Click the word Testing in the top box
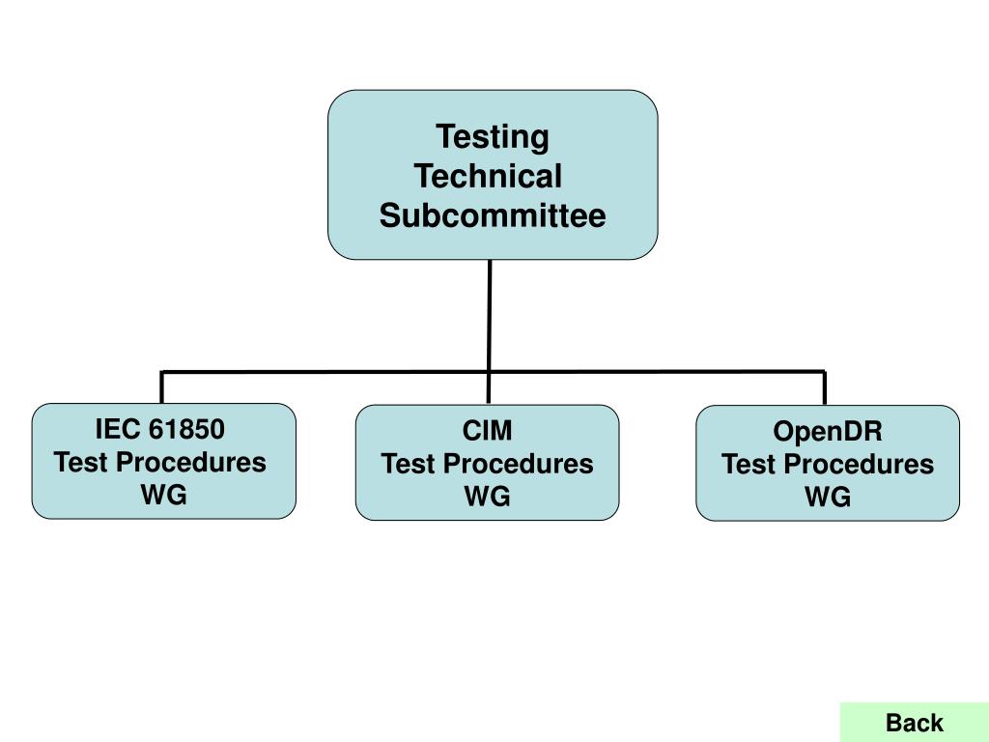click(492, 137)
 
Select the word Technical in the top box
click(488, 177)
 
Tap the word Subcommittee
click(492, 215)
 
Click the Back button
click(914, 722)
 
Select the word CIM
click(487, 431)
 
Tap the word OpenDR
click(828, 431)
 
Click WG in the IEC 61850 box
click(163, 495)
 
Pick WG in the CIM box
click(487, 497)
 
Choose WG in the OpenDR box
click(828, 497)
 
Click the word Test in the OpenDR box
click(749, 464)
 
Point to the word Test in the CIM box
click(409, 464)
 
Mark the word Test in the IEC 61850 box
click(83, 462)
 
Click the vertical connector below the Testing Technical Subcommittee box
click(490, 314)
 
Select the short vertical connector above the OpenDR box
click(824, 388)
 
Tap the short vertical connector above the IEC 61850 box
click(161, 387)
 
